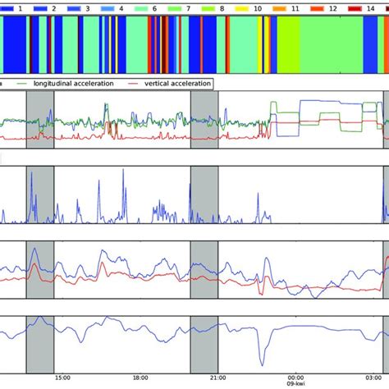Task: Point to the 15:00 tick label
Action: pyautogui.click(x=62, y=378)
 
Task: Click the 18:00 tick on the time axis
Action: pyautogui.click(x=140, y=378)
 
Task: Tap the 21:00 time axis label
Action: pyautogui.click(x=218, y=378)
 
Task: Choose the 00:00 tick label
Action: pyautogui.click(x=296, y=378)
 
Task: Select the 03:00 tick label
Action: pyautogui.click(x=374, y=378)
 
